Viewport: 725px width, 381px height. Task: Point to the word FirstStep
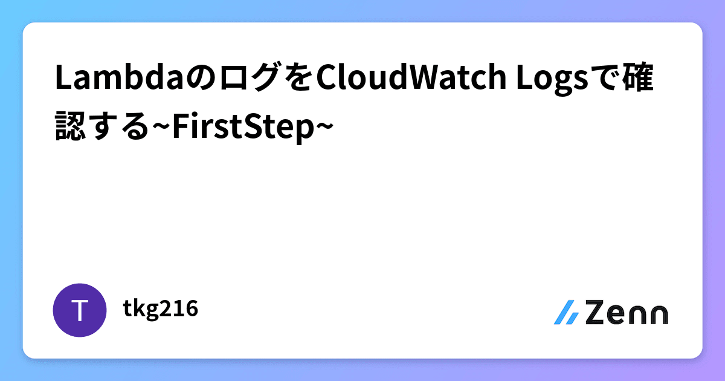243,127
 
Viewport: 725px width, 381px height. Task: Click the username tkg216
160,309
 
